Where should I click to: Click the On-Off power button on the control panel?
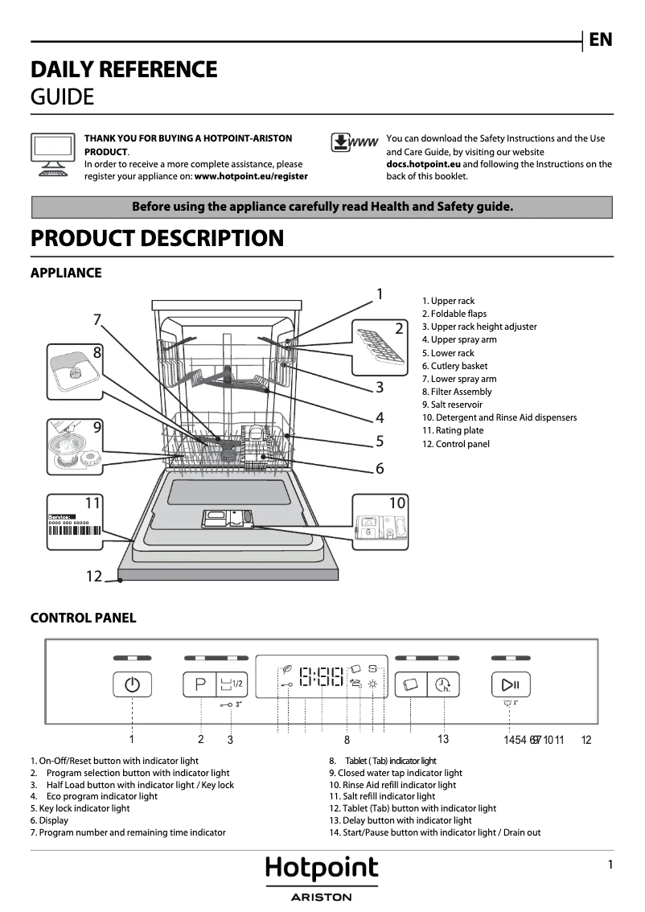coord(132,685)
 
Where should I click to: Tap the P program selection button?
coord(200,685)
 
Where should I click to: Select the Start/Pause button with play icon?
coord(510,685)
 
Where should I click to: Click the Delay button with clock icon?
coord(442,685)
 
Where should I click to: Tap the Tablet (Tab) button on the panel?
coord(410,685)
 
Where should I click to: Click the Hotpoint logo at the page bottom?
coord(322,869)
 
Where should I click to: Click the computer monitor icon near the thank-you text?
coord(53,154)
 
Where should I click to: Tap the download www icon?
coord(354,143)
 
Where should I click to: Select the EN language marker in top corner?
coord(600,39)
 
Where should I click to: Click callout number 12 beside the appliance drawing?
coord(94,576)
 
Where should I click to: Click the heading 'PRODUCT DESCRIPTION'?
coord(157,239)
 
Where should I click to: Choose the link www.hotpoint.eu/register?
coord(251,175)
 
